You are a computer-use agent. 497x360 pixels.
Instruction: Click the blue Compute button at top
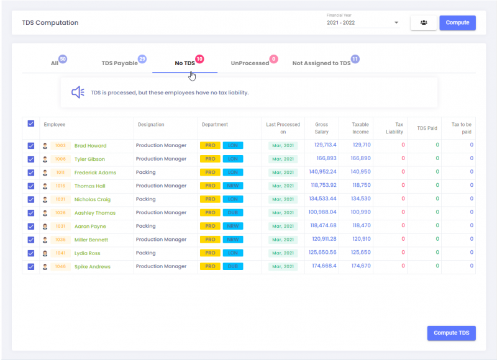click(457, 23)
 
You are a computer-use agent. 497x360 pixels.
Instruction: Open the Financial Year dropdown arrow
click(396, 24)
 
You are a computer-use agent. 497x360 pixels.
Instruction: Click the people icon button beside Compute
click(423, 23)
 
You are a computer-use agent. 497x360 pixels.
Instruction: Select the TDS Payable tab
click(119, 63)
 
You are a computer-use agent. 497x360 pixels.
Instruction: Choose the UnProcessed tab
click(250, 63)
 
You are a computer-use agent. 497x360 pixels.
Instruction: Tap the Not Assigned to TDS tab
click(321, 63)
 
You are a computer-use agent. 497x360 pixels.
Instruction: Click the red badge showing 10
click(199, 59)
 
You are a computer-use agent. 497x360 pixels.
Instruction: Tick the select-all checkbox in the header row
click(31, 124)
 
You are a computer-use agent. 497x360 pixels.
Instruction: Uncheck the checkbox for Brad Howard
click(31, 146)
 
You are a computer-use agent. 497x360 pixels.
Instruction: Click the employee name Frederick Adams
click(95, 173)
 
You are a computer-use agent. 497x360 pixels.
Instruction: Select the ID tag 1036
click(60, 240)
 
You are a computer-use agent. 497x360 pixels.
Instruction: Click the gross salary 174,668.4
click(321, 266)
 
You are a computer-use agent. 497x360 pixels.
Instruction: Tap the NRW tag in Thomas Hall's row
click(232, 186)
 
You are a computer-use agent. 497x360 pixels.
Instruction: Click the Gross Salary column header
click(321, 128)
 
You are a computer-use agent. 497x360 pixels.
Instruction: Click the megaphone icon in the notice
click(78, 92)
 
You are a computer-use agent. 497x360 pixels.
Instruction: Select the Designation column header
click(151, 125)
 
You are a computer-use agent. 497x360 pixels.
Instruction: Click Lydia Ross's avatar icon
click(45, 253)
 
